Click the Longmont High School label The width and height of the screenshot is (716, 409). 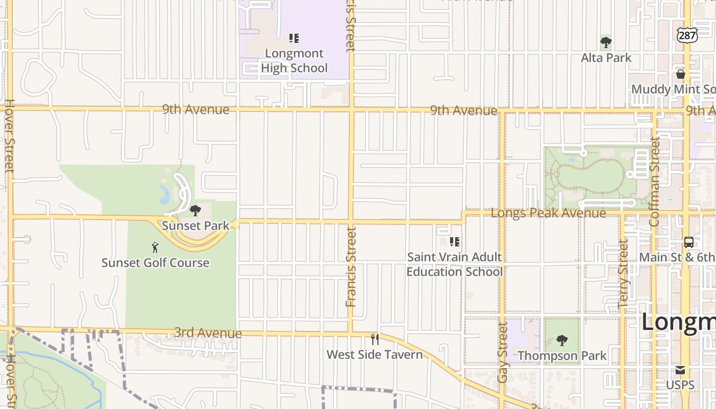click(x=294, y=61)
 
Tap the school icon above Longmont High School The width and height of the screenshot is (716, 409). click(x=294, y=38)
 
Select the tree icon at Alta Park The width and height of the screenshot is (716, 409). click(x=606, y=42)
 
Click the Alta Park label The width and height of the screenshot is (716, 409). click(x=606, y=58)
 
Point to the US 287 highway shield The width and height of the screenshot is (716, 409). click(x=686, y=35)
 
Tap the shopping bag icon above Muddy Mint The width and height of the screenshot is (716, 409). click(x=681, y=74)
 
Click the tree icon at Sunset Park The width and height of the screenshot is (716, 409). click(x=195, y=210)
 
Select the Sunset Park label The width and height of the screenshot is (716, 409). click(x=195, y=225)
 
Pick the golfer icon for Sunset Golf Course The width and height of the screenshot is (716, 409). click(x=155, y=247)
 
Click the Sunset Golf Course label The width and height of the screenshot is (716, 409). click(x=155, y=263)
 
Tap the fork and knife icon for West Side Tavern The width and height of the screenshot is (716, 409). click(x=375, y=339)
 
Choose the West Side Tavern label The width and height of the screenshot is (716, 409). click(x=375, y=354)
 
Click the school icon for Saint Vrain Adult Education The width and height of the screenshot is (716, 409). click(x=454, y=242)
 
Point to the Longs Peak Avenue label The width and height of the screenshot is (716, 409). click(x=548, y=213)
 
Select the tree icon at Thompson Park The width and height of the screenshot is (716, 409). click(x=562, y=340)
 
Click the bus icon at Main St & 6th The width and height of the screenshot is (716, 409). click(x=689, y=242)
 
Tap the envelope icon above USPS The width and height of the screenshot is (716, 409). click(x=680, y=370)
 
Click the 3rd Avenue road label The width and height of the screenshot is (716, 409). click(x=208, y=333)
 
